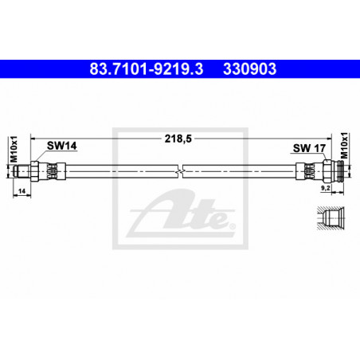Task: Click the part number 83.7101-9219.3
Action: (x=147, y=69)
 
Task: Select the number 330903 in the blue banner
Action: (x=249, y=69)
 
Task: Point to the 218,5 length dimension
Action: (x=178, y=139)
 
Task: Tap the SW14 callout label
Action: (x=61, y=146)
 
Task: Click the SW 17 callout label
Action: (x=309, y=148)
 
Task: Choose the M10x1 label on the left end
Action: (x=14, y=149)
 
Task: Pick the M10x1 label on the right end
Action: (x=344, y=145)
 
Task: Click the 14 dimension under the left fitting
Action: (x=22, y=191)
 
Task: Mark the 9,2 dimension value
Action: (x=326, y=188)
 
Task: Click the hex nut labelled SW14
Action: (x=34, y=171)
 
